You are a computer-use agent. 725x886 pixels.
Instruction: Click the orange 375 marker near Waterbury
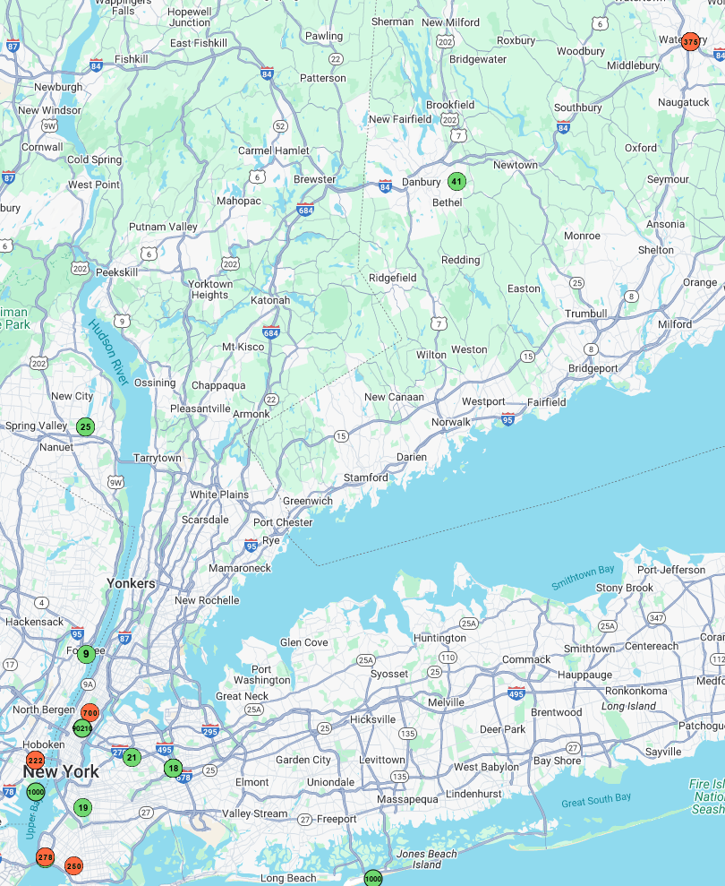coord(690,41)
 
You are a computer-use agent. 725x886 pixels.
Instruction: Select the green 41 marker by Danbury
coord(456,182)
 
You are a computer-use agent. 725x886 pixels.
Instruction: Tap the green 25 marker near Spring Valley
coord(85,426)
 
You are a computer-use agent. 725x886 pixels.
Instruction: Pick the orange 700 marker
coord(90,713)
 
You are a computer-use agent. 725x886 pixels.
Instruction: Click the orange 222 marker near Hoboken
coord(35,760)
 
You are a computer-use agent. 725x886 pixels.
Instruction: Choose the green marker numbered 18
coord(173,768)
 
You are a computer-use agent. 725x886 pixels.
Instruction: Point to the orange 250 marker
coord(73,866)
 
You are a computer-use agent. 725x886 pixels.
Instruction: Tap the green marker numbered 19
coord(82,807)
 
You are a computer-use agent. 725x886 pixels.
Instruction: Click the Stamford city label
coord(366,477)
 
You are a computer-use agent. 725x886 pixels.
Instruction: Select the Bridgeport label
coord(593,368)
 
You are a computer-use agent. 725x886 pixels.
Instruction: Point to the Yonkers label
coord(131,583)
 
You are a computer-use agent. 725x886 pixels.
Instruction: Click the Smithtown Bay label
coord(583,578)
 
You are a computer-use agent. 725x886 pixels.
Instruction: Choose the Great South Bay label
coord(596,799)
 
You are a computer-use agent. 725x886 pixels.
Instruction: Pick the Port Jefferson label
coord(671,570)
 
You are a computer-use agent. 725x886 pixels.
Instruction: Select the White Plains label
coord(218,495)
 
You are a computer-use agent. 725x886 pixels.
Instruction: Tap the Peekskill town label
coord(117,271)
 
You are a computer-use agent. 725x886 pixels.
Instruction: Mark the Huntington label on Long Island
coord(439,638)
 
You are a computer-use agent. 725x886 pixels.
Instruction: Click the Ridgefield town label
coord(393,278)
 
